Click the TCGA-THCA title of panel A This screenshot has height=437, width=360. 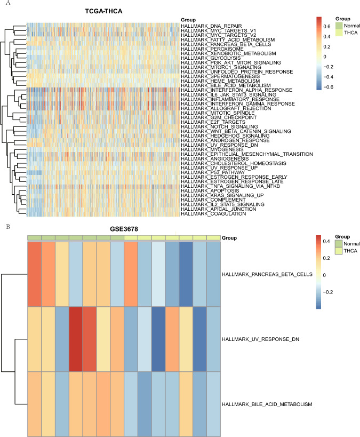(x=102, y=12)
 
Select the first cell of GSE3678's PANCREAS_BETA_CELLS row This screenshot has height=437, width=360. (x=34, y=274)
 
